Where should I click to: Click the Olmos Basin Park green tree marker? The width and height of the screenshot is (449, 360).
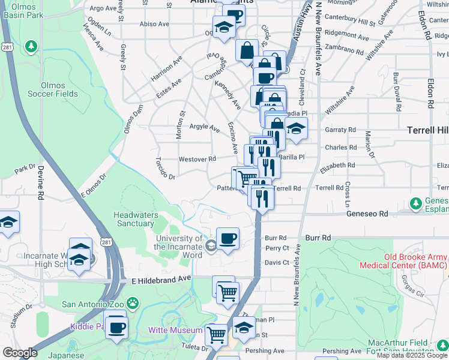pyautogui.click(x=31, y=46)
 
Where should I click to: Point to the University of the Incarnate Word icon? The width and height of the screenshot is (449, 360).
pyautogui.click(x=211, y=245)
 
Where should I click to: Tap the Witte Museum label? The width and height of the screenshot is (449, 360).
pyautogui.click(x=175, y=331)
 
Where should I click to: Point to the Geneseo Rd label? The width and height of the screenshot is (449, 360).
pyautogui.click(x=366, y=214)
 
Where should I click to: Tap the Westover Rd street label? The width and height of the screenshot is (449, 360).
pyautogui.click(x=197, y=159)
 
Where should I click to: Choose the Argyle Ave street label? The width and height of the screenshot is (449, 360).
pyautogui.click(x=205, y=127)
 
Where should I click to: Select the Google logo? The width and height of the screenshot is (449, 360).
pyautogui.click(x=20, y=353)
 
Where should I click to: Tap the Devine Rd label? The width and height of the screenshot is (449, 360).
pyautogui.click(x=40, y=182)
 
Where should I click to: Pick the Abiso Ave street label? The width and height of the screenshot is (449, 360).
pyautogui.click(x=155, y=24)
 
